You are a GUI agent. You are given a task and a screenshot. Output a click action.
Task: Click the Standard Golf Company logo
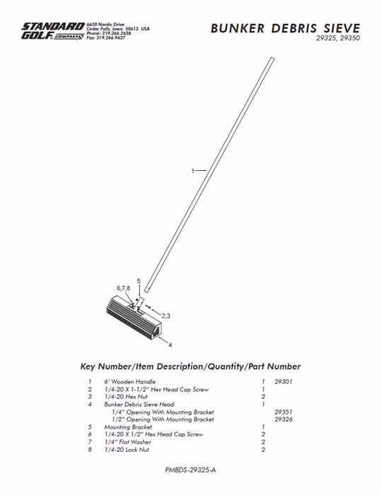click(53, 31)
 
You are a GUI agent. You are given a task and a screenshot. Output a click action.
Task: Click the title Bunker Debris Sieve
click(285, 28)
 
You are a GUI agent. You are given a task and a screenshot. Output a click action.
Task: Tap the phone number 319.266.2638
click(117, 33)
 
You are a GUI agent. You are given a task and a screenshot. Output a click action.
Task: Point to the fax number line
click(106, 37)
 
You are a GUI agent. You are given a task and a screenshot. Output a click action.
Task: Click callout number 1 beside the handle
click(193, 171)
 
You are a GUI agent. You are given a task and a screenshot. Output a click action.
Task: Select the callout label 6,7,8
click(123, 288)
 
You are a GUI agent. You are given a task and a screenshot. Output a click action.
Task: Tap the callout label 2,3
click(166, 316)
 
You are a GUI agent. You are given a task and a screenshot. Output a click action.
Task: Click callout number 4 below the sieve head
click(170, 345)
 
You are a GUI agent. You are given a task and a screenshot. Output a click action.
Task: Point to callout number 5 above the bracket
click(139, 281)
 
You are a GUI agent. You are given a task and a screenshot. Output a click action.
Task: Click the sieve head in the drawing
click(134, 317)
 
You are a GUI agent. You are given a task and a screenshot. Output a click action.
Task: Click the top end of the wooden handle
click(272, 58)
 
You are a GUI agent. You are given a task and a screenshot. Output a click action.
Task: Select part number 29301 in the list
click(284, 382)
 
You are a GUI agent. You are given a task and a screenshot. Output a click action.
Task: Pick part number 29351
click(284, 412)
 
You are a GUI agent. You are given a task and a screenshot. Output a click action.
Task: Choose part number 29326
click(284, 419)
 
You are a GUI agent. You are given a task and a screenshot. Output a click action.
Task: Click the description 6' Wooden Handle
click(130, 382)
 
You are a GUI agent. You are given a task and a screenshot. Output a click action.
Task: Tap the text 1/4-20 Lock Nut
click(127, 450)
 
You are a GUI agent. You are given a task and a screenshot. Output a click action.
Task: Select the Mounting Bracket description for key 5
click(128, 427)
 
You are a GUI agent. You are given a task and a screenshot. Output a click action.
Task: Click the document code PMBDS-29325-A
click(190, 470)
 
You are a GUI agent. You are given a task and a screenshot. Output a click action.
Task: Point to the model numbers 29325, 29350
click(337, 38)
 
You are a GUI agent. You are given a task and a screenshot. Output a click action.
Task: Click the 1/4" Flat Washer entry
click(128, 442)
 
